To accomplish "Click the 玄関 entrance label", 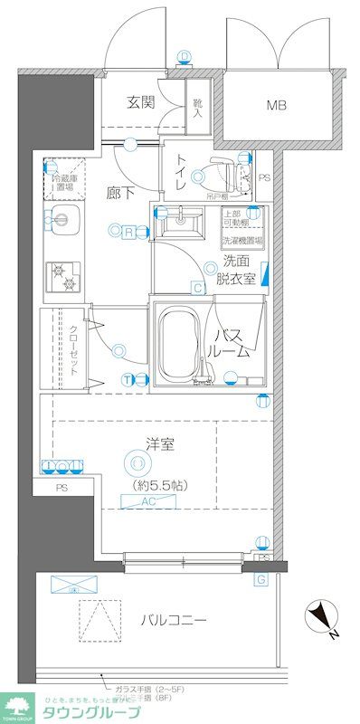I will click(x=139, y=102).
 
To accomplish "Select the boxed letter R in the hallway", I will click(x=130, y=233).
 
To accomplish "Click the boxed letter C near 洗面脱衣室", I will click(x=196, y=289).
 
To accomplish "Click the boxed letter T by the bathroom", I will click(x=128, y=378).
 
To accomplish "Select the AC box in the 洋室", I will click(x=153, y=500).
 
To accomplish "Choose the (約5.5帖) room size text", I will click(x=154, y=485).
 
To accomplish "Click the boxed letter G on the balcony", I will click(x=261, y=578).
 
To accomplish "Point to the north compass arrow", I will click(x=319, y=618).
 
